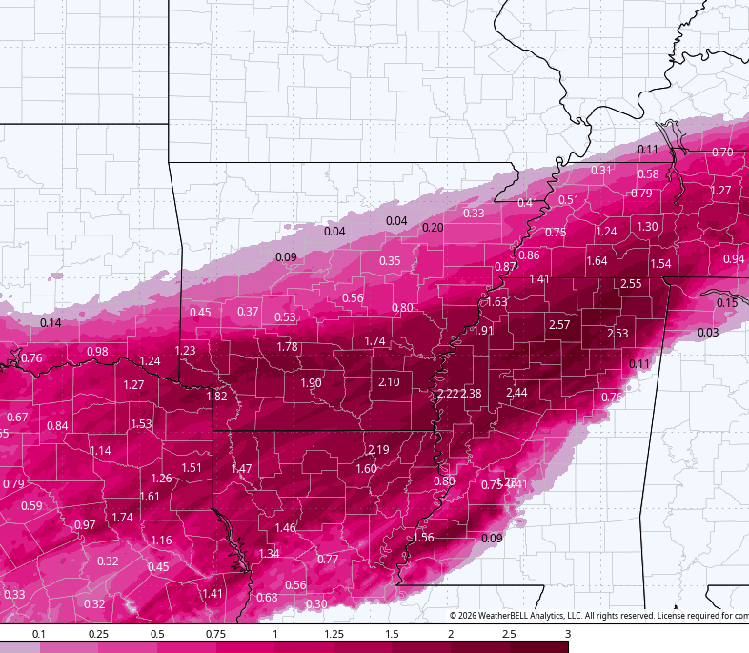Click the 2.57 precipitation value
tap(559, 325)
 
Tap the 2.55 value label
tap(631, 283)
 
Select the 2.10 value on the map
tap(389, 381)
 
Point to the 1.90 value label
tap(311, 382)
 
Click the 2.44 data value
tap(516, 393)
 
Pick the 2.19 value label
tap(378, 449)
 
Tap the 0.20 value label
tap(433, 227)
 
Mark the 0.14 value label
tap(51, 322)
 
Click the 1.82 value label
tap(217, 396)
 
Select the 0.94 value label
tap(734, 258)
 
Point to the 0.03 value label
tap(708, 332)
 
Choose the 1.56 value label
tap(423, 538)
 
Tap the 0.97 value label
tap(85, 525)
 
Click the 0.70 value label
tap(722, 153)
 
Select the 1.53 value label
tap(141, 423)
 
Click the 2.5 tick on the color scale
tap(509, 634)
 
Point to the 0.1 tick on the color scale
tap(39, 634)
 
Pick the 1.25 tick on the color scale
tap(334, 634)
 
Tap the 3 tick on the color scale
tap(567, 634)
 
